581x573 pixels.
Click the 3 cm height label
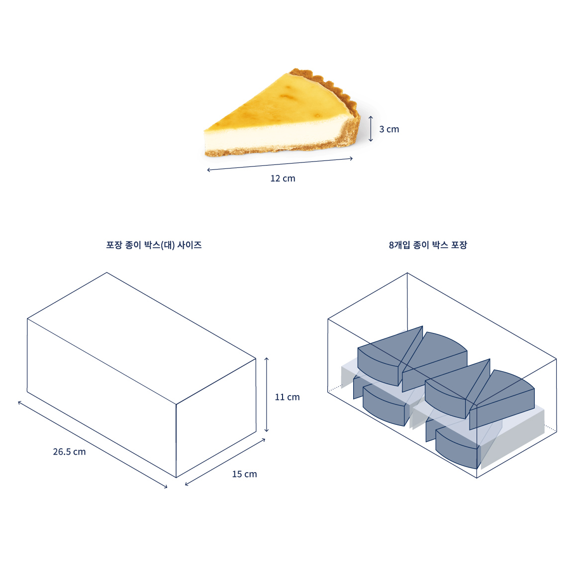[x=389, y=129]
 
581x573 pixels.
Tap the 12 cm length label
[x=283, y=178]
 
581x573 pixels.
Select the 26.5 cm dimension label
[x=69, y=452]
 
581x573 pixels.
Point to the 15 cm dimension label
[x=245, y=474]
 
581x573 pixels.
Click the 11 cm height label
[x=287, y=397]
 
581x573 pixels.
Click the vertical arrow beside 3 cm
[x=371, y=129]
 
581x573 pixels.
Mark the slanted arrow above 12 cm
[x=280, y=164]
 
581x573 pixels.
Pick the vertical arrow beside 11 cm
[x=266, y=395]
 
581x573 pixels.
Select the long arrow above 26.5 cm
[x=93, y=445]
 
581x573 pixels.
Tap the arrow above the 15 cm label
[x=225, y=462]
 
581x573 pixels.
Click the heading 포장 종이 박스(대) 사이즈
[x=154, y=245]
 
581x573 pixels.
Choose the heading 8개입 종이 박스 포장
[x=428, y=245]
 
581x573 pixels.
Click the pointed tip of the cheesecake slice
[x=204, y=130]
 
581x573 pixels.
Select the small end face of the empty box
[x=216, y=418]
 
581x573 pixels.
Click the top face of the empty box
[x=142, y=338]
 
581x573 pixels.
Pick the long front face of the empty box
[x=101, y=398]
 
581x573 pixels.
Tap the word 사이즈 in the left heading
[x=190, y=245]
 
